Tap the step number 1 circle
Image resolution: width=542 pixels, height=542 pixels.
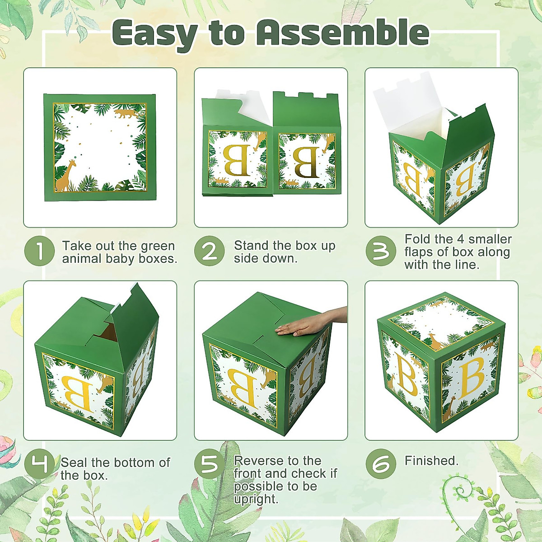[x=39, y=251]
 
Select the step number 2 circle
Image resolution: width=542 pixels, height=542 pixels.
[x=209, y=251]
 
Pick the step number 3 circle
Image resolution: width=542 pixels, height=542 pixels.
[x=381, y=251]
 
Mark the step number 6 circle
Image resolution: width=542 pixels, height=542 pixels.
[x=381, y=464]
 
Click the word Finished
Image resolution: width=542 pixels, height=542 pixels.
[x=431, y=461]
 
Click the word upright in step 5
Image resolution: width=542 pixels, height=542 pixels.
[x=256, y=499]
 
